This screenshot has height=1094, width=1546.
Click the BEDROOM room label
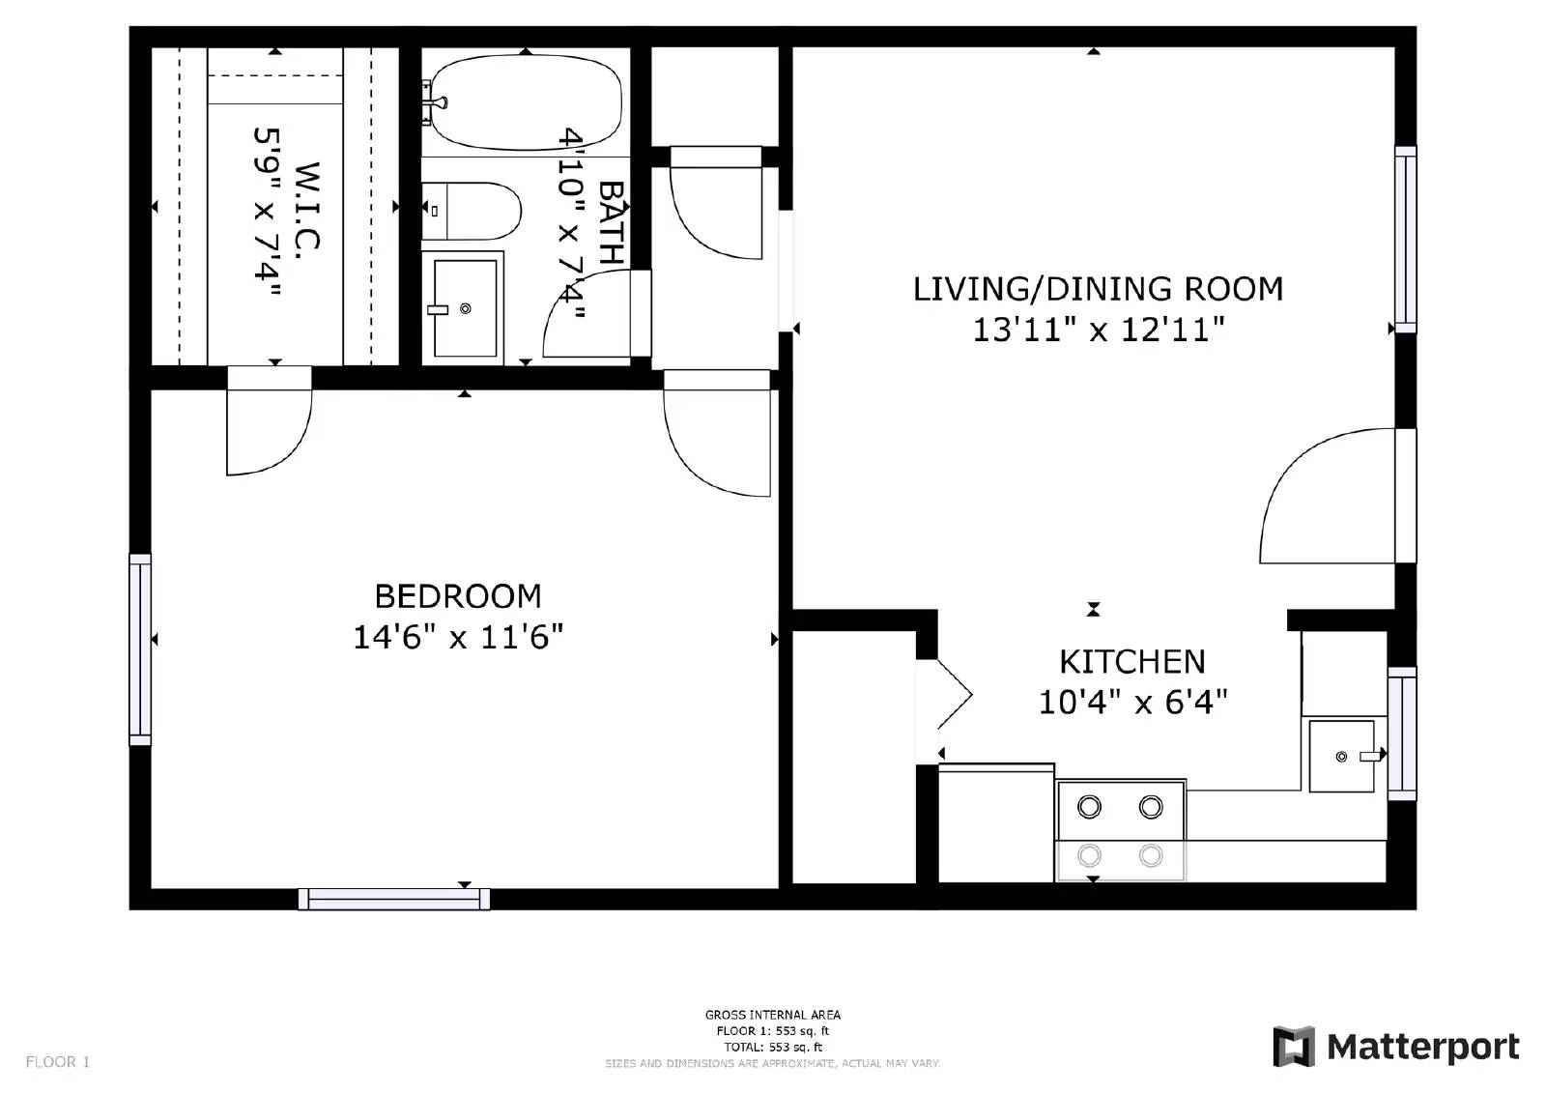click(x=458, y=595)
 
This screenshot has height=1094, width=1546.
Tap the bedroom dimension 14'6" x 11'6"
click(x=458, y=637)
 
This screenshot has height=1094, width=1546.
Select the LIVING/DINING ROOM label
click(x=1098, y=289)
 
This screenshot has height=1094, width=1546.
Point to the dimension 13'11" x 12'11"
click(x=1098, y=331)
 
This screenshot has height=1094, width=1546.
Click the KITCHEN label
click(x=1132, y=662)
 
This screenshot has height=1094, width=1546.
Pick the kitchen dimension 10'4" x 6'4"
click(x=1132, y=702)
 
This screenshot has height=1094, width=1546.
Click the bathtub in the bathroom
click(x=525, y=102)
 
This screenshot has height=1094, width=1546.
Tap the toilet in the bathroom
click(x=472, y=211)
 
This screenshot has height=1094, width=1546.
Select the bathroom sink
click(x=465, y=308)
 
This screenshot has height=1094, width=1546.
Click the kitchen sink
click(x=1341, y=756)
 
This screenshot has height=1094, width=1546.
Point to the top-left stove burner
click(x=1089, y=806)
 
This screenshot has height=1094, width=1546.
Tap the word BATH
click(x=612, y=222)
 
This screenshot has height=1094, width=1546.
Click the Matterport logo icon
click(x=1294, y=1047)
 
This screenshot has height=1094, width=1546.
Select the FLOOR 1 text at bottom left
click(x=57, y=1062)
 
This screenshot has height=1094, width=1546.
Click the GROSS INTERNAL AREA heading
click(x=772, y=1015)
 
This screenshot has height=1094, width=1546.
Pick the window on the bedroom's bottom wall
click(x=393, y=899)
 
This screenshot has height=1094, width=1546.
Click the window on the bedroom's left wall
click(x=141, y=649)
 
